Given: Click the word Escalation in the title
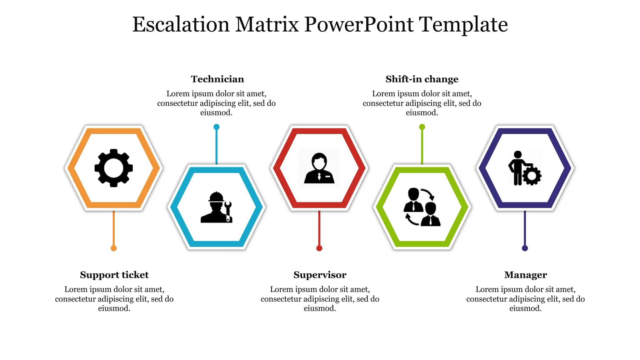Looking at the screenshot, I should tap(181, 25).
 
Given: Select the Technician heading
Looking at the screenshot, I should tap(217, 79).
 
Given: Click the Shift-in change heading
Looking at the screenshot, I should tap(422, 79).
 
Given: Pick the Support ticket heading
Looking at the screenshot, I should tap(114, 275).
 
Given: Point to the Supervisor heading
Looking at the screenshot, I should tap(320, 275).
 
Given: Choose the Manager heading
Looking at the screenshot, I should tap(525, 275).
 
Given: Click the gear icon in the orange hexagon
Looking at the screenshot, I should tap(114, 168).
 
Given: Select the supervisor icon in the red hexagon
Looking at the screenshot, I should tap(319, 168).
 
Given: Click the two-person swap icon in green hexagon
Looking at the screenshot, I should tap(422, 207).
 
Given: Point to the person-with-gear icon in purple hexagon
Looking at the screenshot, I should tap(525, 168).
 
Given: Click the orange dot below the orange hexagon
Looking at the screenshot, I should tap(114, 248).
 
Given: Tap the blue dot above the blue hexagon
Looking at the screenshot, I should tap(217, 127).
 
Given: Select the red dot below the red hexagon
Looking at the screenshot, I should tap(319, 248).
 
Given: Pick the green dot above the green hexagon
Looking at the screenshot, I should tap(422, 127).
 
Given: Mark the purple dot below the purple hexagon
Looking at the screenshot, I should tap(525, 248).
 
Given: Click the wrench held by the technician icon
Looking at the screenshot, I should tap(228, 211).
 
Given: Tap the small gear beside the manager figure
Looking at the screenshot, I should tap(532, 176).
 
